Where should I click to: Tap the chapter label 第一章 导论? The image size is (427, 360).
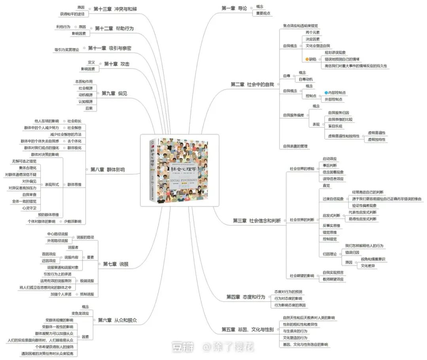tap(234, 8)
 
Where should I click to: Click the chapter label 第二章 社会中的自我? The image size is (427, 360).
tap(252, 84)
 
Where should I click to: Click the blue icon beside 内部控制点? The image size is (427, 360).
tap(326, 92)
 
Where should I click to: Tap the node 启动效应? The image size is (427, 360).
tap(330, 158)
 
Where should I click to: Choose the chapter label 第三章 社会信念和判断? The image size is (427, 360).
tap(253, 221)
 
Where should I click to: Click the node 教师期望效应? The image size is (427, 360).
tap(333, 279)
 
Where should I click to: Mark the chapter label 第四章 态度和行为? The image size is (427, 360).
tap(246, 297)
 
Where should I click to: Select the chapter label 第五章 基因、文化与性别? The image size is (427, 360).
tap(248, 329)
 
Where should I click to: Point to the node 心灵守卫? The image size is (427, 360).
tap(29, 207)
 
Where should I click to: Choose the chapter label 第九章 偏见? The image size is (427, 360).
tap(114, 93)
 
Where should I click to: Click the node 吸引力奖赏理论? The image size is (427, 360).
tap(67, 50)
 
